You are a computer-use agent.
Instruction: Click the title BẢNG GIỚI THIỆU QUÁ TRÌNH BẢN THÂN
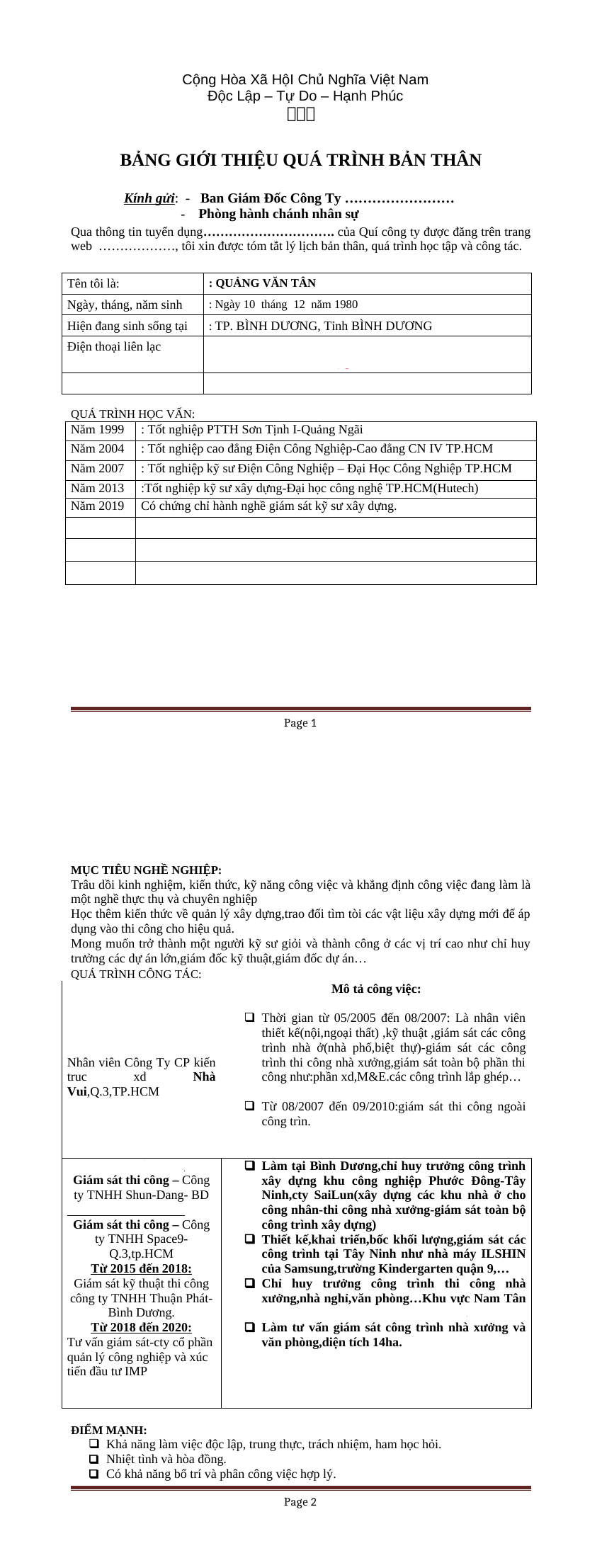300,160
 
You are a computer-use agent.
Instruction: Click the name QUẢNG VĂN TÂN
263,283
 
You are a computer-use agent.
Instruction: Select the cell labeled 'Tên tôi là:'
132,284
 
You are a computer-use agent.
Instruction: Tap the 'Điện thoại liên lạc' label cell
132,347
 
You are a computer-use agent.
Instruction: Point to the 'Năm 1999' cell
100,430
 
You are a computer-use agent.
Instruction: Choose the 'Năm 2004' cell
100,449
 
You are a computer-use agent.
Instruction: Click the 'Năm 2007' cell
100,469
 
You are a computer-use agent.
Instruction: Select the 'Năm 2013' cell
100,489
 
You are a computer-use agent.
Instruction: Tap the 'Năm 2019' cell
100,506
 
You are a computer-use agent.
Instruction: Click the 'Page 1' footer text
300,723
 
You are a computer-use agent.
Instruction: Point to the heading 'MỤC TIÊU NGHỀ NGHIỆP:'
146,870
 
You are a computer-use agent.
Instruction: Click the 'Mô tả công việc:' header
376,989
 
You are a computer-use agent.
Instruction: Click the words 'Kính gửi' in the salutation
149,198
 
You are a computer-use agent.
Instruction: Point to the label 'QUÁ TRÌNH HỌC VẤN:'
132,414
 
